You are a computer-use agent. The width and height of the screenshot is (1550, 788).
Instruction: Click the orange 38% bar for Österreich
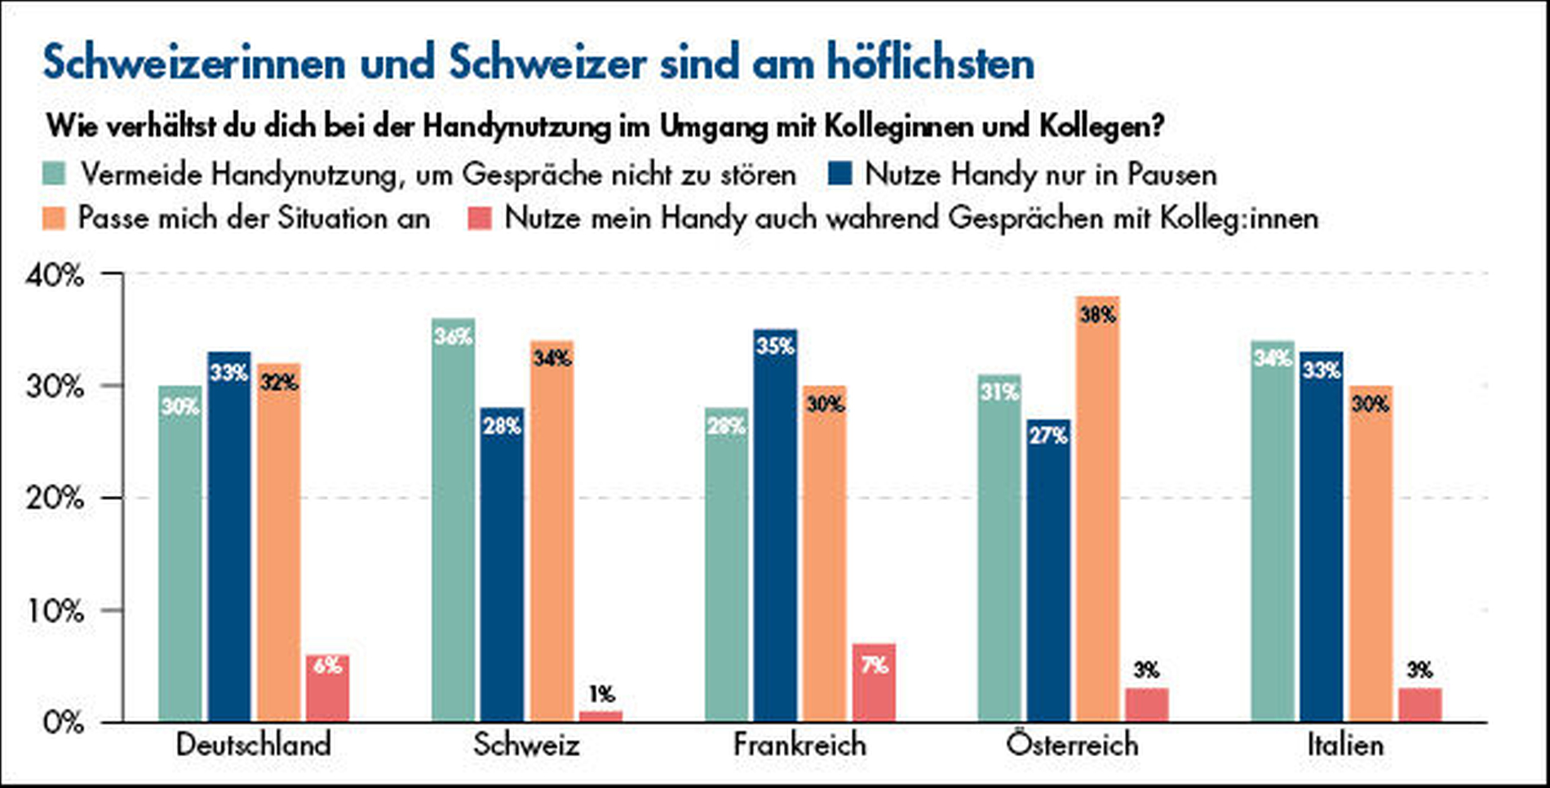[x=1097, y=510]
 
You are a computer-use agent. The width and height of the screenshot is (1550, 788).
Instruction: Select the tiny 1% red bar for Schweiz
[x=600, y=716]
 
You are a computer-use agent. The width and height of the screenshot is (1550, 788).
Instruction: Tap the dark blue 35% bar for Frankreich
[x=775, y=526]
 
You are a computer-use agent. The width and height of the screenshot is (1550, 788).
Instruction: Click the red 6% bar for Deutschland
[x=327, y=688]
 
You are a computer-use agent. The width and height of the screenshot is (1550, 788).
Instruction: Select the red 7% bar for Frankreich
[x=874, y=683]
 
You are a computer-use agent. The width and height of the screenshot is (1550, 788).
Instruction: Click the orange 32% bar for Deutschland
[x=279, y=542]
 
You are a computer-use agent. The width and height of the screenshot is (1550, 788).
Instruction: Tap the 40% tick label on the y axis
[x=55, y=276]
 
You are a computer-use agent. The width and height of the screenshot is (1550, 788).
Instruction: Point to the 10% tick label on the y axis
[x=55, y=611]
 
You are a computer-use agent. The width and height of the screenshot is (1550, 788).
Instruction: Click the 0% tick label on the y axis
[x=62, y=723]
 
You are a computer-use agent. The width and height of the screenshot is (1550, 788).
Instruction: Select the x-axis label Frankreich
[x=799, y=745]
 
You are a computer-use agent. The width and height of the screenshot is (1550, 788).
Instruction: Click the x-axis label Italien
[x=1345, y=745]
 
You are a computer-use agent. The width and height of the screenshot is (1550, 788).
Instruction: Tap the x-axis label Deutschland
[x=254, y=745]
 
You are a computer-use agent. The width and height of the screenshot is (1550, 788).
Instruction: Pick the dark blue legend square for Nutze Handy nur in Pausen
[x=839, y=174]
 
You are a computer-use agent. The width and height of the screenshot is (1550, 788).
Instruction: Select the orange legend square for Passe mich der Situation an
[x=54, y=218]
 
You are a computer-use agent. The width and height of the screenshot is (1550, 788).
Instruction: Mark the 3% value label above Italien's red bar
[x=1419, y=671]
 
